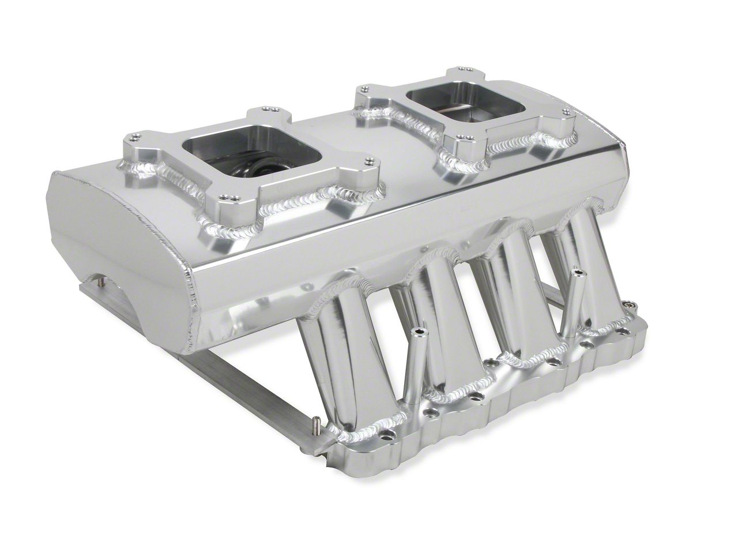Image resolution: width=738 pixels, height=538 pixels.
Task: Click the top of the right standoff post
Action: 577,270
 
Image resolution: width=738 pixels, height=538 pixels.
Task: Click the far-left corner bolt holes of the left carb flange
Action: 134,137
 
